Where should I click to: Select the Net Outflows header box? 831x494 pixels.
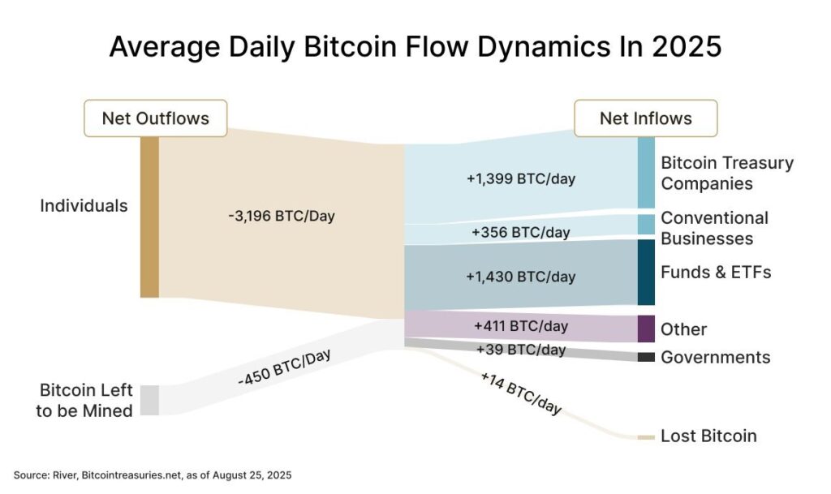click(155, 118)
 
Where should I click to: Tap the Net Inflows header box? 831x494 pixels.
click(645, 118)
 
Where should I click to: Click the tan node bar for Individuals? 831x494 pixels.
click(149, 217)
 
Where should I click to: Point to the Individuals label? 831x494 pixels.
click(84, 206)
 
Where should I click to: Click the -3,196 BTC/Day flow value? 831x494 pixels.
click(282, 217)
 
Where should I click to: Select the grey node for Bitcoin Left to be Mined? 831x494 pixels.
click(149, 400)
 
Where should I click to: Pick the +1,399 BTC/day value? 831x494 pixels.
click(520, 178)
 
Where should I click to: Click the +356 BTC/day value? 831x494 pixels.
click(520, 233)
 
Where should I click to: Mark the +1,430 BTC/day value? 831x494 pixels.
click(520, 277)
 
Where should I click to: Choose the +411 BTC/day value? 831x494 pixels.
click(520, 327)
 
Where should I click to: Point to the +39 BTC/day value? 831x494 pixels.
click(520, 350)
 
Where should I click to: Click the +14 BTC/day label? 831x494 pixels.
click(520, 393)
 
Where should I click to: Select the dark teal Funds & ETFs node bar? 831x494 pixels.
click(645, 272)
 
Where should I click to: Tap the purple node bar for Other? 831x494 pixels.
click(645, 329)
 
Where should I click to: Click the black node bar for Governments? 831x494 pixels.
click(645, 357)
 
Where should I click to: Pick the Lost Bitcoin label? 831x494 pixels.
click(708, 436)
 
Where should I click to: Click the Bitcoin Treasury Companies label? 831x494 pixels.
click(726, 173)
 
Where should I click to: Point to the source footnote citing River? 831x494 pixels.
click(152, 474)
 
